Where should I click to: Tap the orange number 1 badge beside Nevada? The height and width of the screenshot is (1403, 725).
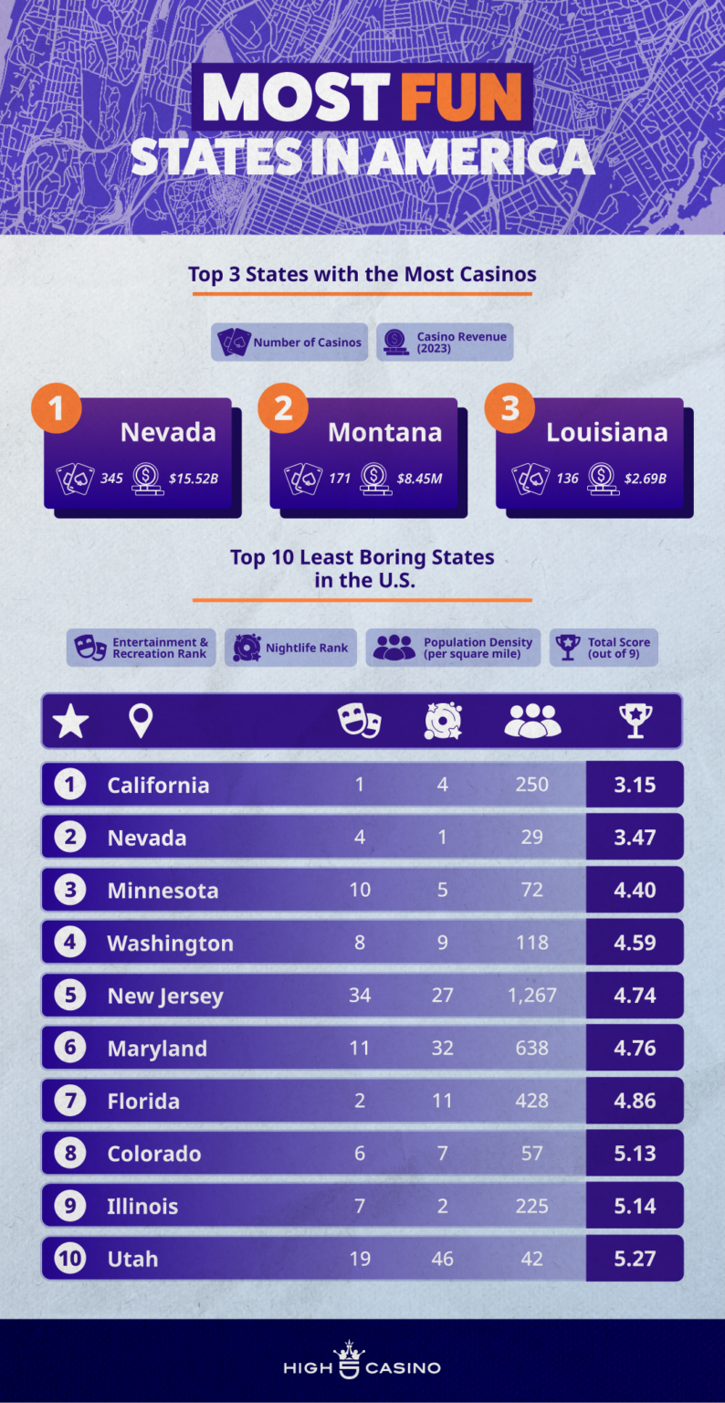pos(57,408)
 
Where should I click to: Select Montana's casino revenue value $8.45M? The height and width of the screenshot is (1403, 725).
pos(419,478)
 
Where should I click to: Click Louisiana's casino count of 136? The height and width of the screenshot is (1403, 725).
pos(567,478)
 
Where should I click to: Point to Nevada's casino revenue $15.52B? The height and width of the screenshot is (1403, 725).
pos(194,478)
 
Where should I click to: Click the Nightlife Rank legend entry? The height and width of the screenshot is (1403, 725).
pos(290,648)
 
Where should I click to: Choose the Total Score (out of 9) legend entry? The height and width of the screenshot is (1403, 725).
pos(604,648)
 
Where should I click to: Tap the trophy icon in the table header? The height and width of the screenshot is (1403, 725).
pos(635,722)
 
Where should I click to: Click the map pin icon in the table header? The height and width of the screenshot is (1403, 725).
pos(140,722)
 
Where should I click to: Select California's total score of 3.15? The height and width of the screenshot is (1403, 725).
pos(635,785)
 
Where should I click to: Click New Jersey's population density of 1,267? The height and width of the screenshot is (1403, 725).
pos(531,996)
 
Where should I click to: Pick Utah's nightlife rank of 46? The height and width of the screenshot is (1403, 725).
pos(442,1259)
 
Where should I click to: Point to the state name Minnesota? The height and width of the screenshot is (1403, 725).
pos(163,891)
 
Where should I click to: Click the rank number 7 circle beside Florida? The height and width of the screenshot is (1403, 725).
pos(70,1101)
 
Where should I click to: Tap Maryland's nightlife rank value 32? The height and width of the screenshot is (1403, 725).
pos(442,1049)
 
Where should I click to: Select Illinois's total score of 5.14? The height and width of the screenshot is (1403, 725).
pos(635,1206)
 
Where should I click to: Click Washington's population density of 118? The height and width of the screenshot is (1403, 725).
pos(531,943)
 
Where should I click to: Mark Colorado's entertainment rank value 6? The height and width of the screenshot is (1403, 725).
pos(360,1154)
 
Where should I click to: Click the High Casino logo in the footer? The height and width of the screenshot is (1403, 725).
pos(362,1362)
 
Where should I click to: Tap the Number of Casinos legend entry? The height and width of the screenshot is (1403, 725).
pos(289,343)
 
